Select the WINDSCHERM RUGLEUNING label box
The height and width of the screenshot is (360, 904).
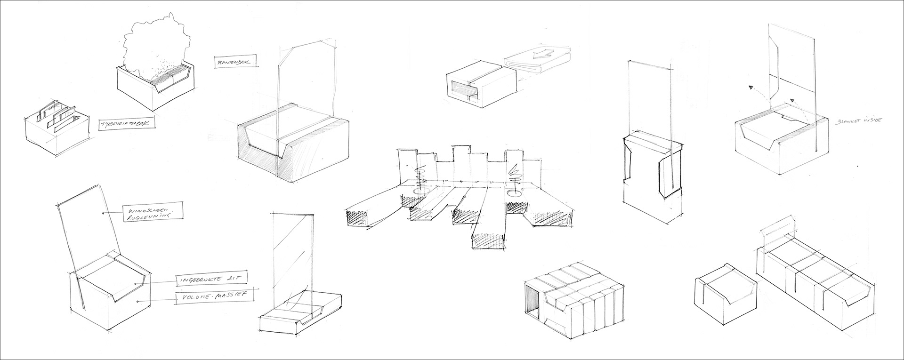(152, 213)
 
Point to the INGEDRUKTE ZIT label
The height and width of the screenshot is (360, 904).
(211, 280)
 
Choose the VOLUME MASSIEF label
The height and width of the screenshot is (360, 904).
(212, 296)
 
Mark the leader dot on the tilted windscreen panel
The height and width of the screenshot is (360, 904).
(103, 213)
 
